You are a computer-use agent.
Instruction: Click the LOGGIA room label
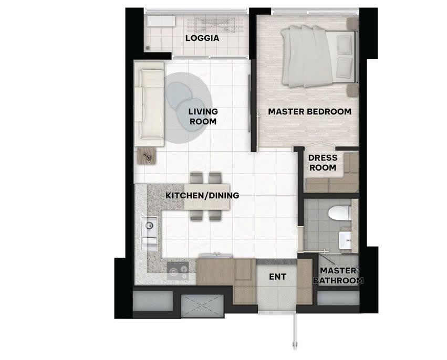click(x=202, y=38)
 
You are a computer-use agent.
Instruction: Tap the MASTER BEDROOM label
click(x=309, y=112)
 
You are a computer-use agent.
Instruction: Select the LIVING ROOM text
click(x=203, y=117)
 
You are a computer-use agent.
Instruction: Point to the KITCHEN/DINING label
click(x=202, y=196)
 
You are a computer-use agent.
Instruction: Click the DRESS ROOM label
click(x=323, y=163)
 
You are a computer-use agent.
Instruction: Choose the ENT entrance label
click(x=278, y=277)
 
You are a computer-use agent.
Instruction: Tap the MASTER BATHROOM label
click(x=338, y=276)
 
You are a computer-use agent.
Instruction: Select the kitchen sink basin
click(x=149, y=226)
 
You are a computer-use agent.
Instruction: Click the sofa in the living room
click(x=149, y=104)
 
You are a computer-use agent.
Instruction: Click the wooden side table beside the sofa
click(x=147, y=156)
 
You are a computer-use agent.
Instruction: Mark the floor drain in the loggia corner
click(x=148, y=48)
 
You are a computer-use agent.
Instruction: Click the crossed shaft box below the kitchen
click(x=202, y=305)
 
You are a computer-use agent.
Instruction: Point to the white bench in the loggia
click(x=161, y=22)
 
